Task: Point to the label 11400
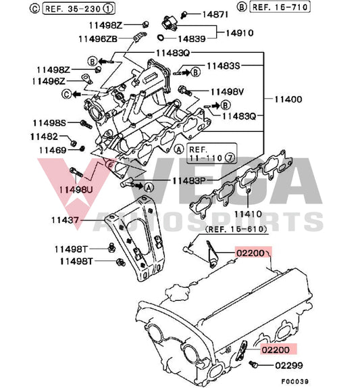click(288, 99)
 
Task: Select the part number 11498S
click(48, 122)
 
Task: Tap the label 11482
click(48, 136)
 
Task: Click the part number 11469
click(52, 149)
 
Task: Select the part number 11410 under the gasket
click(248, 214)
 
